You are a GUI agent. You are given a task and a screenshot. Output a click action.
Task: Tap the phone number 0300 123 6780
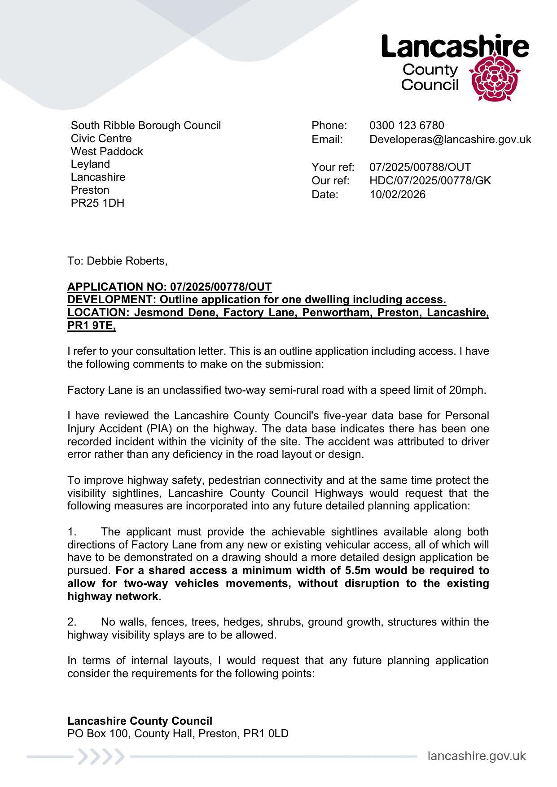point(407,126)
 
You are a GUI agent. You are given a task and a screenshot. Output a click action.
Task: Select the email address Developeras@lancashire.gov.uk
point(450,139)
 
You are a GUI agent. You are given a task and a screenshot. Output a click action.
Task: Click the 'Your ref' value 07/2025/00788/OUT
point(420,167)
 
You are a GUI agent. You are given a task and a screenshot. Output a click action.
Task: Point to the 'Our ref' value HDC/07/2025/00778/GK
point(430,181)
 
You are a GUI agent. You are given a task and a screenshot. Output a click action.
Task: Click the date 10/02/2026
point(397,195)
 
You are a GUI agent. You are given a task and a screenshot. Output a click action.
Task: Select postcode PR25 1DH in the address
point(97,203)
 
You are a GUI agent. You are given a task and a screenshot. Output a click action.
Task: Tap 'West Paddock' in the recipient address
point(107,152)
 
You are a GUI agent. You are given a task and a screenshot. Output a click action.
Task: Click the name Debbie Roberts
point(126,261)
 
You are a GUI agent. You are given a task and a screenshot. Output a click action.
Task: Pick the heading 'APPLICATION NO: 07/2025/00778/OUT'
point(169,287)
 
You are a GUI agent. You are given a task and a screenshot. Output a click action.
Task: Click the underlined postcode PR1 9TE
point(91,326)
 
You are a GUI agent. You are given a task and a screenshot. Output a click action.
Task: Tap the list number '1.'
point(72,532)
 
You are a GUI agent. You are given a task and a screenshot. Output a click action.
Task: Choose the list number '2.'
point(72,622)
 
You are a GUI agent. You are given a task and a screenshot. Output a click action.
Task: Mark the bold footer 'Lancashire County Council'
point(140,721)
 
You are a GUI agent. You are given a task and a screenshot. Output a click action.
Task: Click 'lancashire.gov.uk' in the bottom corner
point(476,757)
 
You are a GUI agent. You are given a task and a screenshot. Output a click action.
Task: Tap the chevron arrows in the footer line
point(101,757)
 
